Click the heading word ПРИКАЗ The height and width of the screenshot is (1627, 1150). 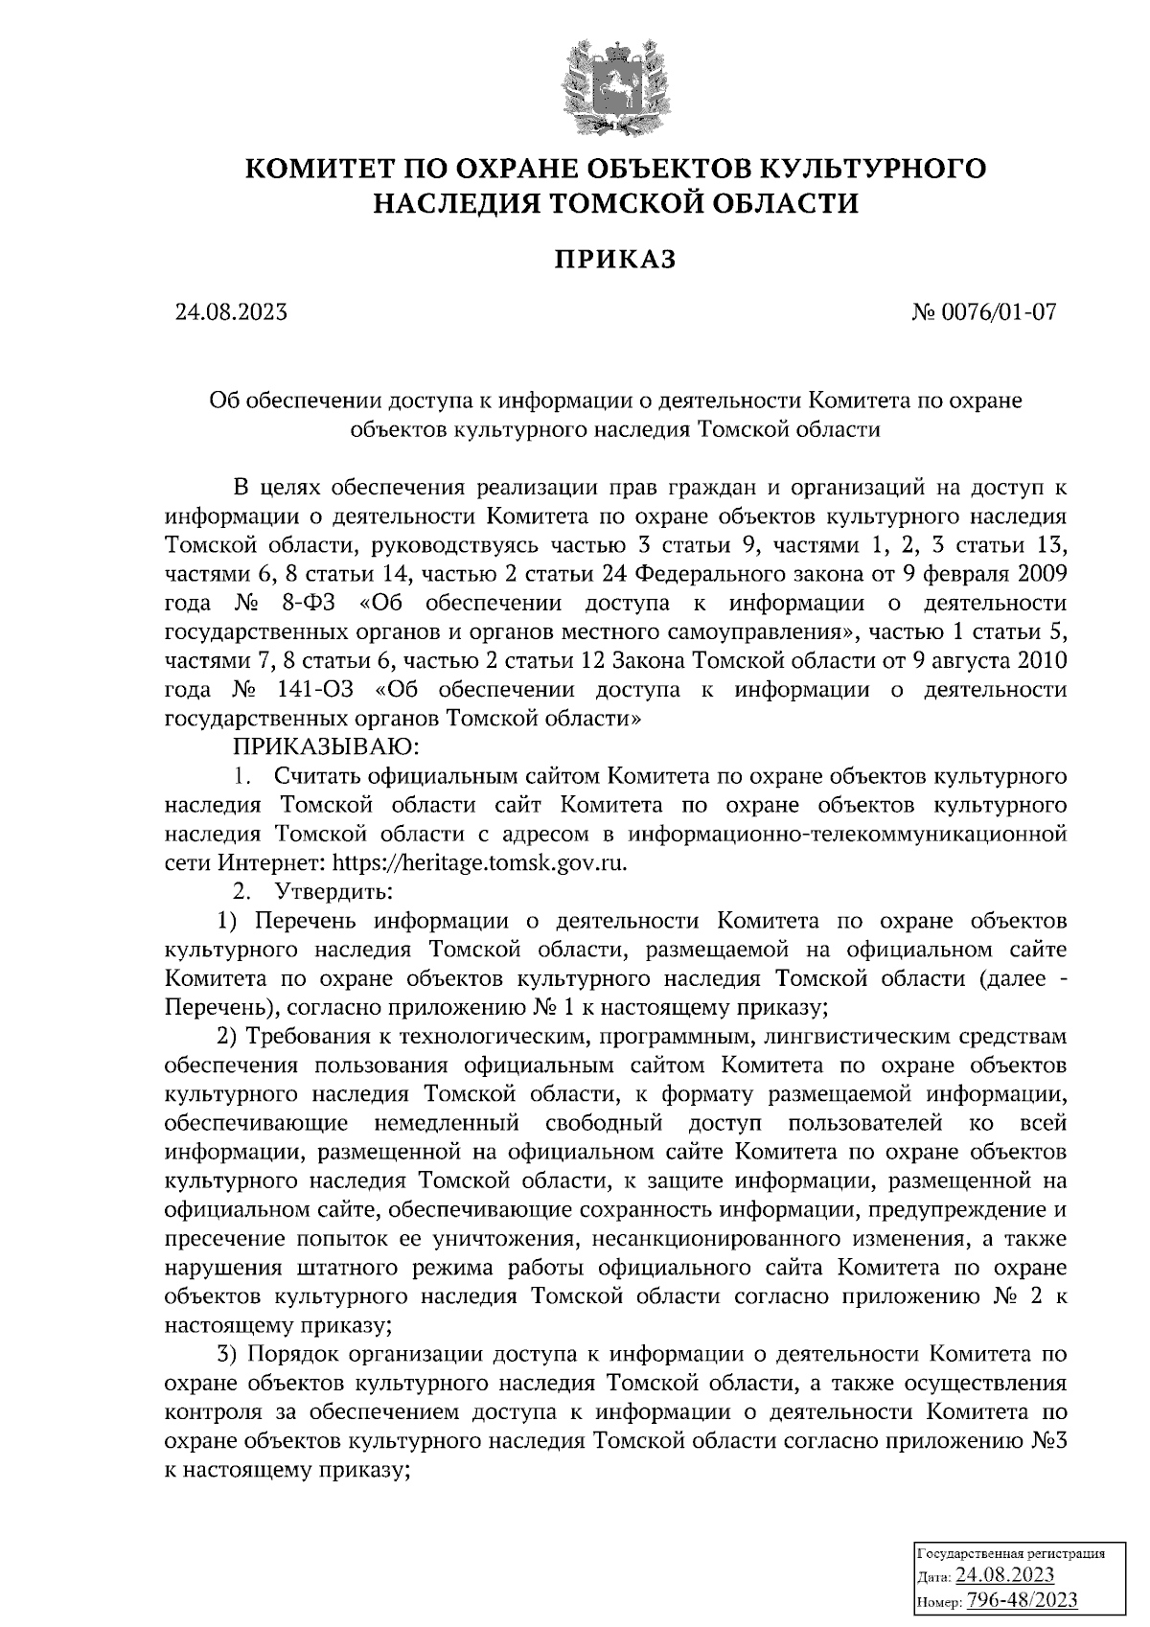point(614,259)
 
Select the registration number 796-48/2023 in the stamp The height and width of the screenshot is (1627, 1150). point(1023,1600)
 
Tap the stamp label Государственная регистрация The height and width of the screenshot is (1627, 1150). point(1012,1553)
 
